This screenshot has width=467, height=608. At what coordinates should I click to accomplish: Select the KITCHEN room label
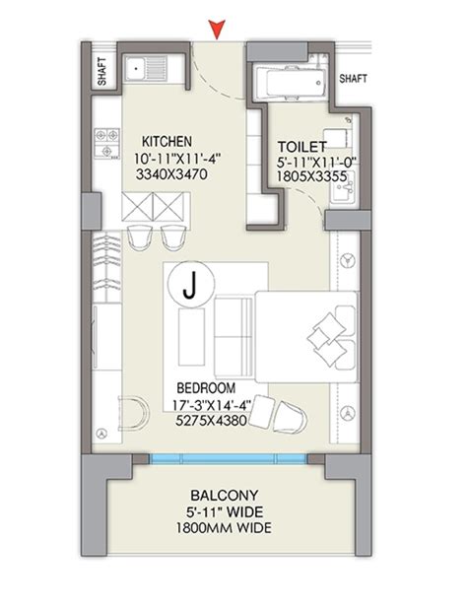tap(167, 141)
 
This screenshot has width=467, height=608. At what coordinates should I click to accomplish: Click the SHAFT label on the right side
tap(353, 78)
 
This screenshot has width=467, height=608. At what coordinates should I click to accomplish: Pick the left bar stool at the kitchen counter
tap(139, 237)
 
